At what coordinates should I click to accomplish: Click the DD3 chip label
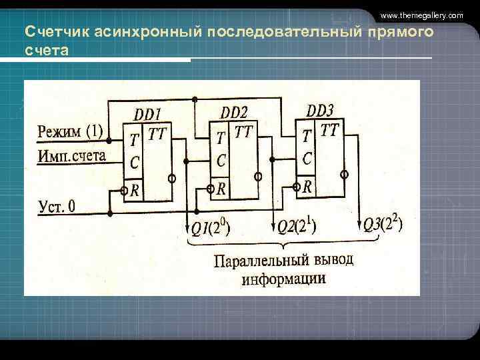320,109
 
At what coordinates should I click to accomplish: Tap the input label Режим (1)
70,131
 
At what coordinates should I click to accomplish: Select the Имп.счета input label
72,156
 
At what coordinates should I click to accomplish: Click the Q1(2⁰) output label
210,229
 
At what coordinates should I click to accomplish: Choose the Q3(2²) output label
382,224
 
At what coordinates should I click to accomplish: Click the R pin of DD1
134,191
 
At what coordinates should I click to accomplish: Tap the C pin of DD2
221,161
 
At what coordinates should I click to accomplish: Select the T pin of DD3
306,135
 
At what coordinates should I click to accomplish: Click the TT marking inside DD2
243,132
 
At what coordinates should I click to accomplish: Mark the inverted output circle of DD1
171,179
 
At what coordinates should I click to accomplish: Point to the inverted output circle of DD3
344,174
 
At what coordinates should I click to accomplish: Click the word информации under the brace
284,279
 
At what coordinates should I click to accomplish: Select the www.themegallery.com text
421,15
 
